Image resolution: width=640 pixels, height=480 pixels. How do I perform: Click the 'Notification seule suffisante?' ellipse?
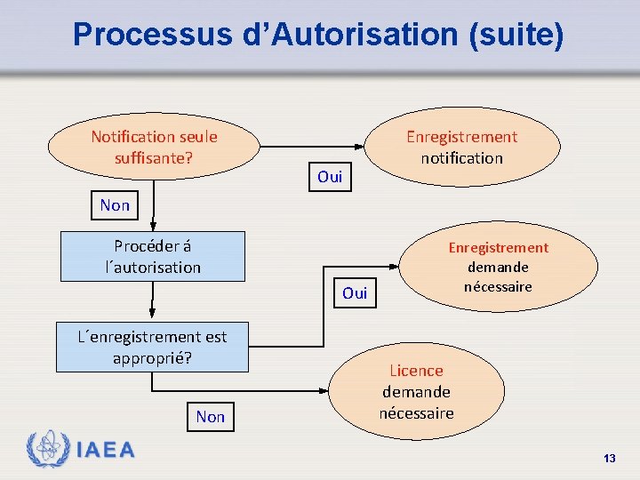[x=154, y=147]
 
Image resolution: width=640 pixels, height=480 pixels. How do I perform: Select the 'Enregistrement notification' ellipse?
[x=461, y=147]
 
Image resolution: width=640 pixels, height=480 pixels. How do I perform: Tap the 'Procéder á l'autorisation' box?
[x=153, y=256]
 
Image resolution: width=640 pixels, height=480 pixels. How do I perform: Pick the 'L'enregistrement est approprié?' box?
[x=153, y=347]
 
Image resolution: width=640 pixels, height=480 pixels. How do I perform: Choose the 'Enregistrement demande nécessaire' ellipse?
[x=498, y=267]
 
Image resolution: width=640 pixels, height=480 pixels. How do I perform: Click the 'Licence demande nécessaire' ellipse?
[x=416, y=391]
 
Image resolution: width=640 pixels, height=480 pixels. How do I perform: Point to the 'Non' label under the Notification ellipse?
[x=115, y=205]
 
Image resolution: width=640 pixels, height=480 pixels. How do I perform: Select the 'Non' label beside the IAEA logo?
[x=211, y=416]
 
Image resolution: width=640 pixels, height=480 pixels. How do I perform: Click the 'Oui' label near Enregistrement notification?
[x=330, y=177]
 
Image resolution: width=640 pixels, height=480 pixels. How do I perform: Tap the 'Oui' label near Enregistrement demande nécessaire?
[x=355, y=292]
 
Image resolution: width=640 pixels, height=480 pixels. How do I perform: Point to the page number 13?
[x=609, y=458]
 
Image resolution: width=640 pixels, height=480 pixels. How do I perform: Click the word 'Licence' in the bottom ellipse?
[x=416, y=371]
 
